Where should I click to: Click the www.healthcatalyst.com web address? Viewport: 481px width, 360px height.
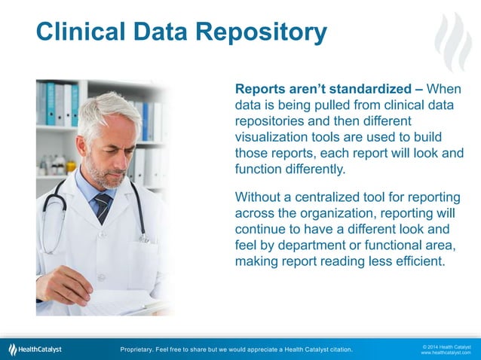click(x=446, y=352)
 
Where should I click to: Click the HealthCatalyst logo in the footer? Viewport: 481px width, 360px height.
click(x=35, y=349)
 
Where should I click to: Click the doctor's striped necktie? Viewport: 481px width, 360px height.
click(x=103, y=208)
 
